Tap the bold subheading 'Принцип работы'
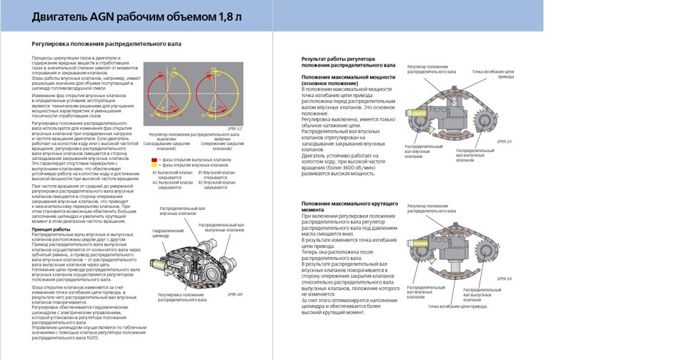(51, 229)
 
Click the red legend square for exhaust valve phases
(155, 159)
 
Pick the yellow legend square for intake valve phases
(155, 164)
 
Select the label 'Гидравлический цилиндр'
(169, 234)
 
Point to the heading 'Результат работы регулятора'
(338, 59)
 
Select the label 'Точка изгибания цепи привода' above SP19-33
(492, 74)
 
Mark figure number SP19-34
(504, 279)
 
